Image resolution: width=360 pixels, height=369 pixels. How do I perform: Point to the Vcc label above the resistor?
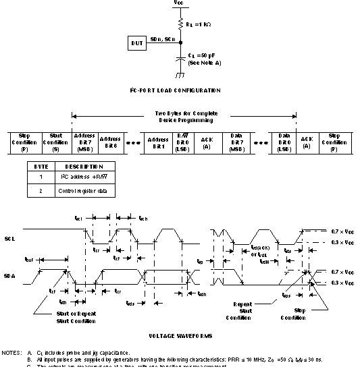pos(178,3)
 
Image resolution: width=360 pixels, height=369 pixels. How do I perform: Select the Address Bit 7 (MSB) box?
pos(84,142)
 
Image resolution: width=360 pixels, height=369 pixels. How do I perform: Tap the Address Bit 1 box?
pos(157,142)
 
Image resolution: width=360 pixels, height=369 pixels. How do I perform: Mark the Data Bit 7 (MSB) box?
pos(236,142)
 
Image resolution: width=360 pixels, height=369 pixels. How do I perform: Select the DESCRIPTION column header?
pos(84,167)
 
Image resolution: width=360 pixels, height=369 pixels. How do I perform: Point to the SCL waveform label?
pos(10,239)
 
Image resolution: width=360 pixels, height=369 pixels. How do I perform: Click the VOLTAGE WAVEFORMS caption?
pos(179,335)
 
